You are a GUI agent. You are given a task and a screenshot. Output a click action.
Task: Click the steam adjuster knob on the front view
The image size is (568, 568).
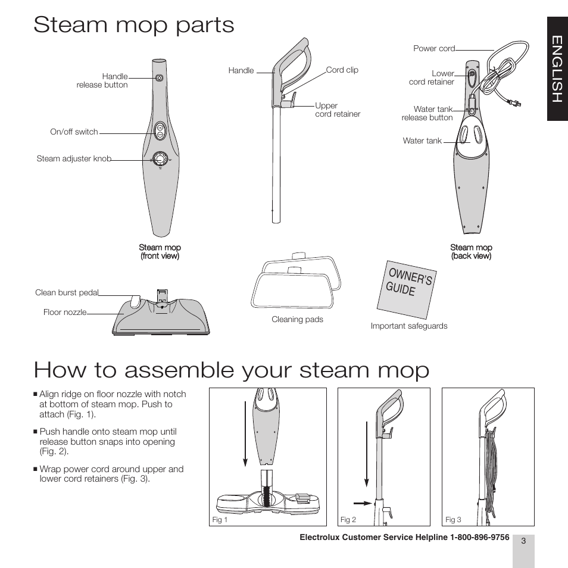pyautogui.click(x=160, y=158)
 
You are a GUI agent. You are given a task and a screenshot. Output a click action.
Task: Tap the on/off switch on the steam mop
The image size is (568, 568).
pyautogui.click(x=160, y=131)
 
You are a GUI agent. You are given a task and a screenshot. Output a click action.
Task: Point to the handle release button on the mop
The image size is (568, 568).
pyautogui.click(x=159, y=78)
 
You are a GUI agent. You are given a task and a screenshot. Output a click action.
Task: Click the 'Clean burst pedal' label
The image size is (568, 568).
pyautogui.click(x=67, y=293)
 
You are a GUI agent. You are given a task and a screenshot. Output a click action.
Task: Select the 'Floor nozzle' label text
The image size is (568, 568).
pyautogui.click(x=65, y=312)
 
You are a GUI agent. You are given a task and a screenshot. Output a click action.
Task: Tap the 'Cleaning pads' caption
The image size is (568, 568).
pyautogui.click(x=297, y=320)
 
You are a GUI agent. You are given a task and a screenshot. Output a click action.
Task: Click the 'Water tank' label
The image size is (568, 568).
pyautogui.click(x=422, y=141)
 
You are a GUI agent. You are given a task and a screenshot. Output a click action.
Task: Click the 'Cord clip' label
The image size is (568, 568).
pyautogui.click(x=342, y=70)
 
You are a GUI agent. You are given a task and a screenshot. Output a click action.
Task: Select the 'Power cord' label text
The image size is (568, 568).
pyautogui.click(x=434, y=49)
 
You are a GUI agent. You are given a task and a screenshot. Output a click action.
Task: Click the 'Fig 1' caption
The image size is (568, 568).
pyautogui.click(x=220, y=520)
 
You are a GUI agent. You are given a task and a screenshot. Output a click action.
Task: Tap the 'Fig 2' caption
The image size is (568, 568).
pyautogui.click(x=348, y=520)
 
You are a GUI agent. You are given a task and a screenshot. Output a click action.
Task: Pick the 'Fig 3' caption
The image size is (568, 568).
pyautogui.click(x=453, y=520)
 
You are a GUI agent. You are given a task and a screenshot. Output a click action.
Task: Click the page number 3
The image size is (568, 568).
pyautogui.click(x=523, y=541)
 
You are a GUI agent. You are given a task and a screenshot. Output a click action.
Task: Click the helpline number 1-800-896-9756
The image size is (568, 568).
pyautogui.click(x=476, y=537)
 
